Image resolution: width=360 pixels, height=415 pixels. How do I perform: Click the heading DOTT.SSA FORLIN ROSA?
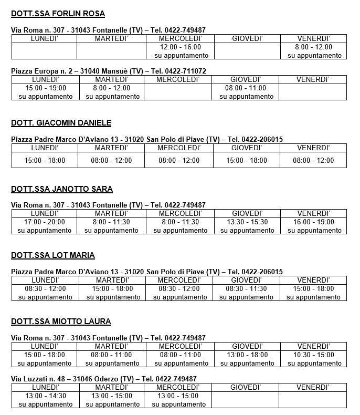[58, 14]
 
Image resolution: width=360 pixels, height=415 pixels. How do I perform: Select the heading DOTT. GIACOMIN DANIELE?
[61, 123]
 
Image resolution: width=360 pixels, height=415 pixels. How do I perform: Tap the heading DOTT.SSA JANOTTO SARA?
[62, 189]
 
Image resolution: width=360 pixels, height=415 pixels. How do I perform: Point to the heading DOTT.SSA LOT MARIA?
[53, 255]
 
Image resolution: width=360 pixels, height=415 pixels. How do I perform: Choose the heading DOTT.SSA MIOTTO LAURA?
[61, 321]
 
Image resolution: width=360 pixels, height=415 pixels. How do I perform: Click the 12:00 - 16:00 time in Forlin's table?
[180, 47]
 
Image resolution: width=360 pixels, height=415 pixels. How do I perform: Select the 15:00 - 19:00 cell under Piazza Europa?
[45, 88]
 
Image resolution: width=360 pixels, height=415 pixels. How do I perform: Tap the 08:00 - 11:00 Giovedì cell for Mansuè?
[246, 88]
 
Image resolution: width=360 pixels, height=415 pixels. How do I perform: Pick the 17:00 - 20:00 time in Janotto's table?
[45, 222]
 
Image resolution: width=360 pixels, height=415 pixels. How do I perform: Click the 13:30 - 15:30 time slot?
[247, 222]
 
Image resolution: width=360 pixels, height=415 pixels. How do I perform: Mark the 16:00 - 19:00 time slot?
[314, 222]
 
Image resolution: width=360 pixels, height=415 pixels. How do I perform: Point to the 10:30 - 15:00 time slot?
[314, 355]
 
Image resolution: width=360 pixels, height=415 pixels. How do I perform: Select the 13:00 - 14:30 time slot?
[45, 396]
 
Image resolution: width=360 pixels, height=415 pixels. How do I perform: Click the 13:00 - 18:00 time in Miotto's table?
[247, 355]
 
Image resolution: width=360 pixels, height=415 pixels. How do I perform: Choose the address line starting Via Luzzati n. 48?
[104, 379]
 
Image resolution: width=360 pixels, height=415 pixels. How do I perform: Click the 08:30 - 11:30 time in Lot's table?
[247, 288]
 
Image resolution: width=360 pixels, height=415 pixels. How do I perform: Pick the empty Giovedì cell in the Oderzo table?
[246, 400]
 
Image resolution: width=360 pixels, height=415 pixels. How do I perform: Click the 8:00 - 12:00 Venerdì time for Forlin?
[314, 47]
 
